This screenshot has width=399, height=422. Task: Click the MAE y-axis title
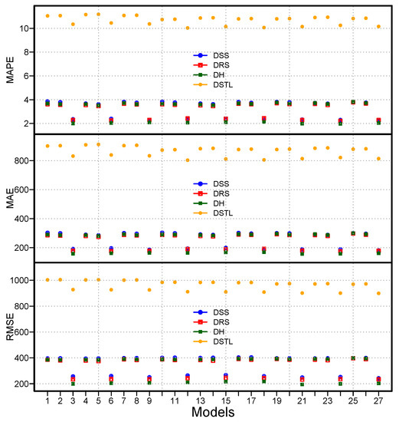tap(10, 197)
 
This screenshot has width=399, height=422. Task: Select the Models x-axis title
tap(214, 413)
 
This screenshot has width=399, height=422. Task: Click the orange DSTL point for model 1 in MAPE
tap(47, 15)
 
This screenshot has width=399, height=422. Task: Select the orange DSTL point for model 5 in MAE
tap(98, 144)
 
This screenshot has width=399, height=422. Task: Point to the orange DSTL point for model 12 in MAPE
tap(188, 28)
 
